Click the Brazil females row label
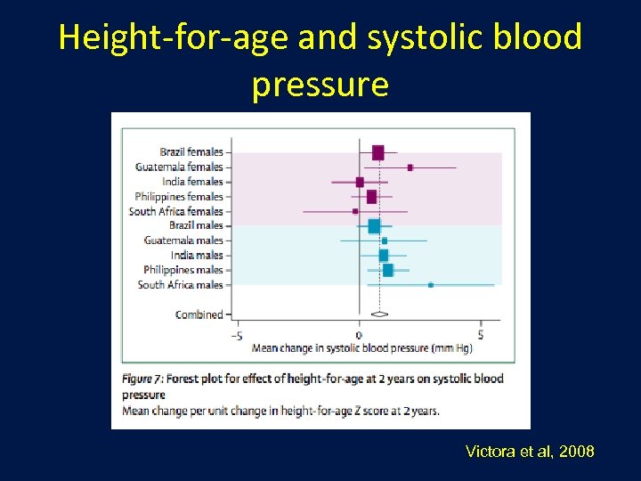(x=191, y=152)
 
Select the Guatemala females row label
(x=179, y=167)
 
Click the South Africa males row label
(x=180, y=285)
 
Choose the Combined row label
(x=199, y=314)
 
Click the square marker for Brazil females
(x=377, y=153)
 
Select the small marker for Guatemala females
(x=410, y=167)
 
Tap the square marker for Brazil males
(x=374, y=226)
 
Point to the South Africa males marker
(x=431, y=285)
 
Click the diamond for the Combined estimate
(x=379, y=314)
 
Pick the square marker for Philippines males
(x=387, y=270)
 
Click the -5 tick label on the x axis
(x=237, y=336)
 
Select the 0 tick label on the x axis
(x=359, y=336)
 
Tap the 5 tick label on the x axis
(x=481, y=336)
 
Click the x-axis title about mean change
(x=361, y=348)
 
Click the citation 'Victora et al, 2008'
(x=529, y=452)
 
